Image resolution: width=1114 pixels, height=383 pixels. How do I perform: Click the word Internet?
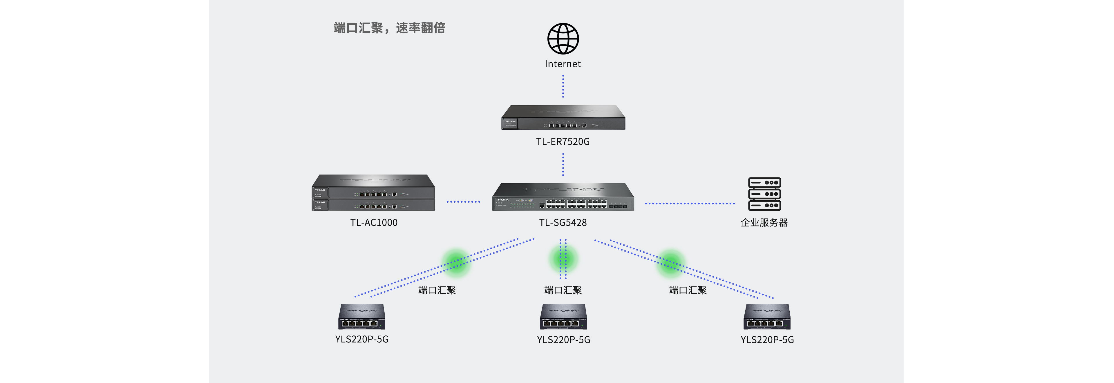563,64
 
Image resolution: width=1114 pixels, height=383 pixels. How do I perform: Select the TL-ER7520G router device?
563,117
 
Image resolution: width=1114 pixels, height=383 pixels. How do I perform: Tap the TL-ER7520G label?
563,142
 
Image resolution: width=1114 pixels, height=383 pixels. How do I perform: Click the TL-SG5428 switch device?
563,197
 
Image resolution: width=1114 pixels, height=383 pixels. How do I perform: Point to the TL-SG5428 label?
563,223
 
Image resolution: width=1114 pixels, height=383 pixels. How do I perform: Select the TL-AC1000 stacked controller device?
373,193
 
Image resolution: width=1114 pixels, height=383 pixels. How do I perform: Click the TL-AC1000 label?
374,223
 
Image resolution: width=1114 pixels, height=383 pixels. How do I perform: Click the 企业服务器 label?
764,223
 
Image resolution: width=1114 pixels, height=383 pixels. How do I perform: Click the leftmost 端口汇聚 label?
437,290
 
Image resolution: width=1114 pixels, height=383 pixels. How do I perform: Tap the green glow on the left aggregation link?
456,262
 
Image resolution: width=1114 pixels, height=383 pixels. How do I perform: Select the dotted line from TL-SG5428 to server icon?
690,203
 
